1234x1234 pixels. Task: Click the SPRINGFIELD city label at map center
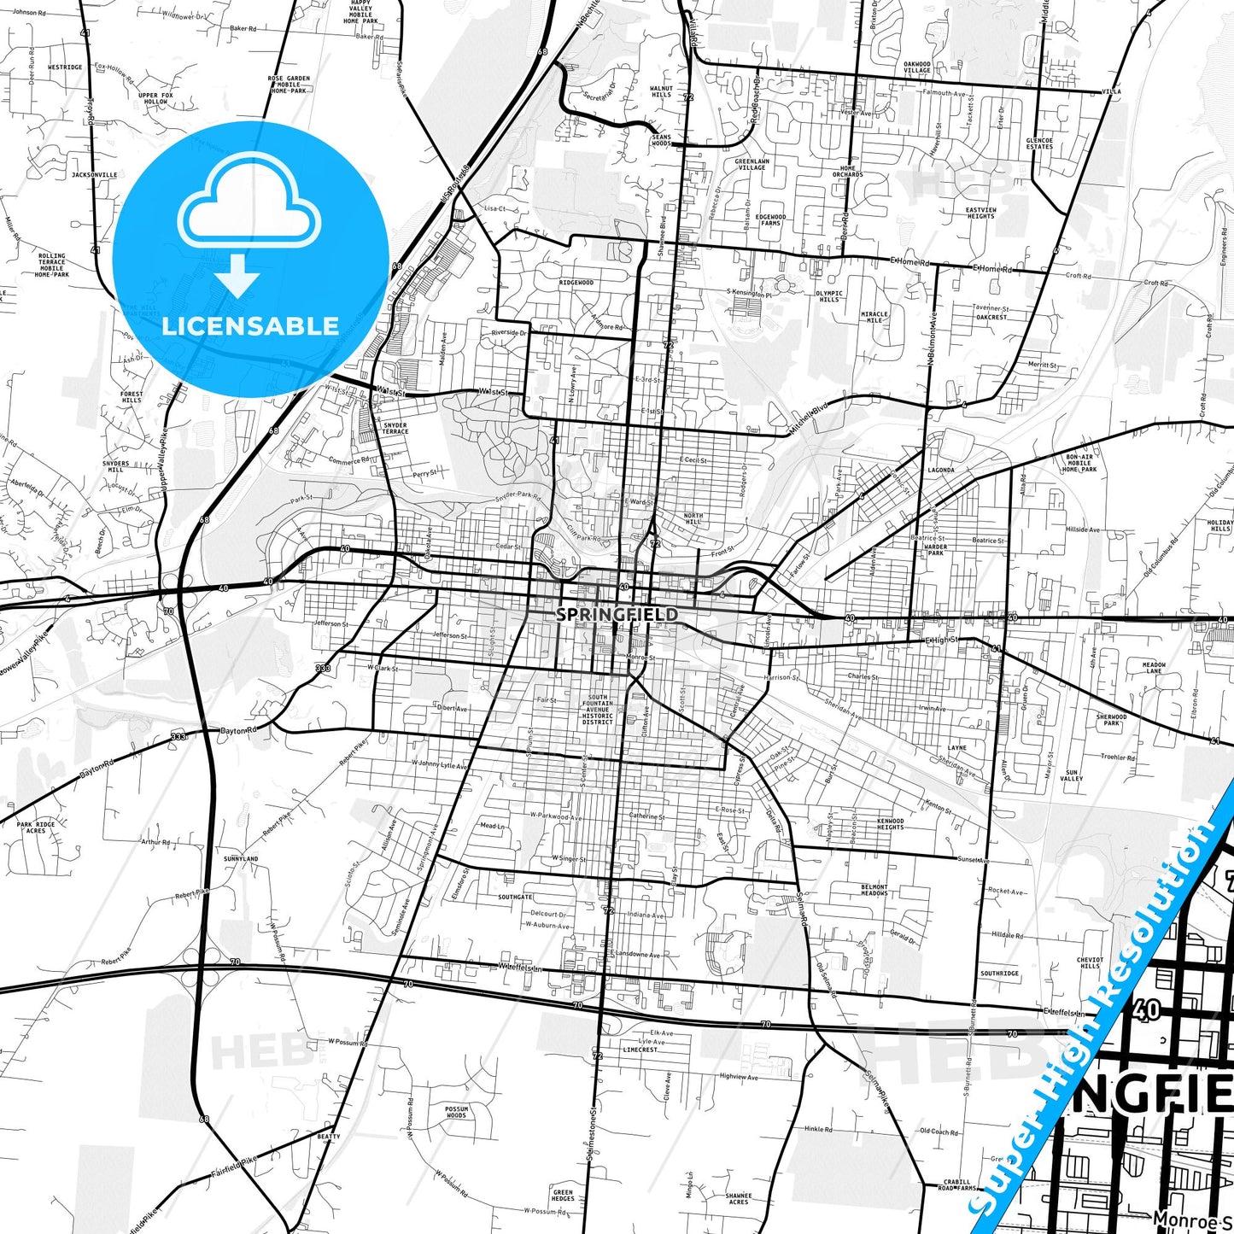click(x=617, y=615)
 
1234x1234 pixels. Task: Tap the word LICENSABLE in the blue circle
click(x=250, y=326)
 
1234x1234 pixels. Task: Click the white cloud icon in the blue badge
click(x=249, y=209)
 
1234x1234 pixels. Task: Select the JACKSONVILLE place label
click(x=95, y=174)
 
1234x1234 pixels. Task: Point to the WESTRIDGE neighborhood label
click(x=65, y=67)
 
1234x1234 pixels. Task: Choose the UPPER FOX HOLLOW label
click(x=155, y=98)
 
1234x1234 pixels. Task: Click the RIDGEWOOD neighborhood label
click(x=576, y=283)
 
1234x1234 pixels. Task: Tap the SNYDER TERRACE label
click(x=395, y=428)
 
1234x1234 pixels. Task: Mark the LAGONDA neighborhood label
click(x=941, y=471)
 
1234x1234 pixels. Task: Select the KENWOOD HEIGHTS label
click(x=890, y=823)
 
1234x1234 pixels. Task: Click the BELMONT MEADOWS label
click(x=874, y=890)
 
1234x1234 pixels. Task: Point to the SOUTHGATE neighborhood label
click(x=516, y=898)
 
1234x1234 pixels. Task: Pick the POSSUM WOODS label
click(x=456, y=1112)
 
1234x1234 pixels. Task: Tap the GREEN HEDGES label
click(x=563, y=1196)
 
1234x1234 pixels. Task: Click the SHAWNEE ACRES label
click(x=739, y=1199)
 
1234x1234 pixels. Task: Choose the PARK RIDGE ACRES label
click(x=36, y=827)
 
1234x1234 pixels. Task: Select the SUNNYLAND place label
click(x=241, y=859)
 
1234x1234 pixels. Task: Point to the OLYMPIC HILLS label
click(x=828, y=296)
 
